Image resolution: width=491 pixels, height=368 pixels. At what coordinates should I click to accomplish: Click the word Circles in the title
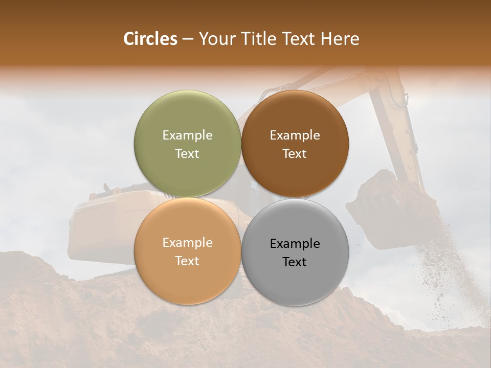[150, 39]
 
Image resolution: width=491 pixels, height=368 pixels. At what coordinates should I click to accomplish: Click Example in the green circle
[187, 135]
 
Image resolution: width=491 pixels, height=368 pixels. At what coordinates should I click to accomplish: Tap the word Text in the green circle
[187, 153]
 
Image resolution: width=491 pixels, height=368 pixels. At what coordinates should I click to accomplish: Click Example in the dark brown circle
[295, 135]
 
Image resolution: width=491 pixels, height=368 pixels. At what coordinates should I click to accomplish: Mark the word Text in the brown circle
[295, 153]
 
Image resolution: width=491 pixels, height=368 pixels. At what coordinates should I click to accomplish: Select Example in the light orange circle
[187, 242]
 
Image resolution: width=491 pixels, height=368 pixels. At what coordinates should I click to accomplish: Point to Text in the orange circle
[187, 261]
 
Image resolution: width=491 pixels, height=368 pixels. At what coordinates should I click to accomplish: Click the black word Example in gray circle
[295, 243]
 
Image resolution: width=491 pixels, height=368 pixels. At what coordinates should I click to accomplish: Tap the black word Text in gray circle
[295, 262]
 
